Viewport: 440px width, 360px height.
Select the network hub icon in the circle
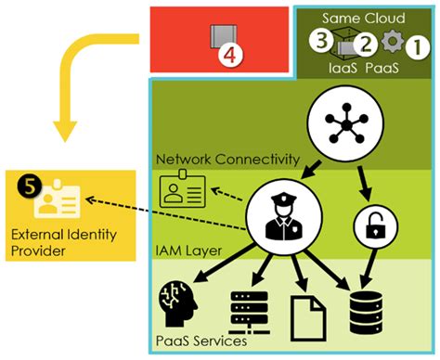pyautogui.click(x=335, y=120)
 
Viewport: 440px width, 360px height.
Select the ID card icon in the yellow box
pyautogui.click(x=67, y=197)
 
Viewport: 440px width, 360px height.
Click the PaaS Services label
pyautogui.click(x=202, y=341)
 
